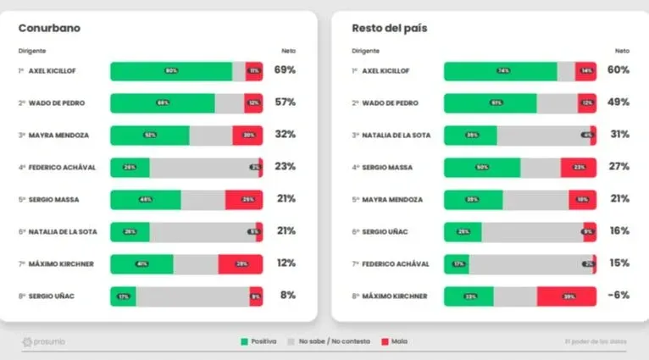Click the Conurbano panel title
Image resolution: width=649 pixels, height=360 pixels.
point(49,28)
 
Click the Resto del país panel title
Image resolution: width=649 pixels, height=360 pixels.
point(389,28)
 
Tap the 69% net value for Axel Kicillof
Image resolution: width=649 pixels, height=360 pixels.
point(285,70)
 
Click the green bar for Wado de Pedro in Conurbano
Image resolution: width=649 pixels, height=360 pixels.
point(162,103)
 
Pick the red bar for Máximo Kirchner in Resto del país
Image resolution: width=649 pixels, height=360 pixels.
point(566,296)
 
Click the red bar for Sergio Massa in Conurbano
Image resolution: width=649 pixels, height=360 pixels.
point(244,200)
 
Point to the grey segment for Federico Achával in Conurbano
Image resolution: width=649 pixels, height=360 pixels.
point(203,168)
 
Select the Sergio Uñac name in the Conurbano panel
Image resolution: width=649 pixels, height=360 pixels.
point(53,296)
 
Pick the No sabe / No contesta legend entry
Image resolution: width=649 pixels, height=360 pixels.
point(326,342)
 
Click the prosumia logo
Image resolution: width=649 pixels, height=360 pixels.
point(44,342)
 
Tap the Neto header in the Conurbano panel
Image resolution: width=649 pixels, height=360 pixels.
point(288,51)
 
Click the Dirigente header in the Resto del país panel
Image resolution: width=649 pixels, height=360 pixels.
point(366,51)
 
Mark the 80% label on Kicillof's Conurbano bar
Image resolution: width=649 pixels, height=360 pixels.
point(171,71)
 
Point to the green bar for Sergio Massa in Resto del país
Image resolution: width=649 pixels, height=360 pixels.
point(482,168)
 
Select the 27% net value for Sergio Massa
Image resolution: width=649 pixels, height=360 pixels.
point(618,167)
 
